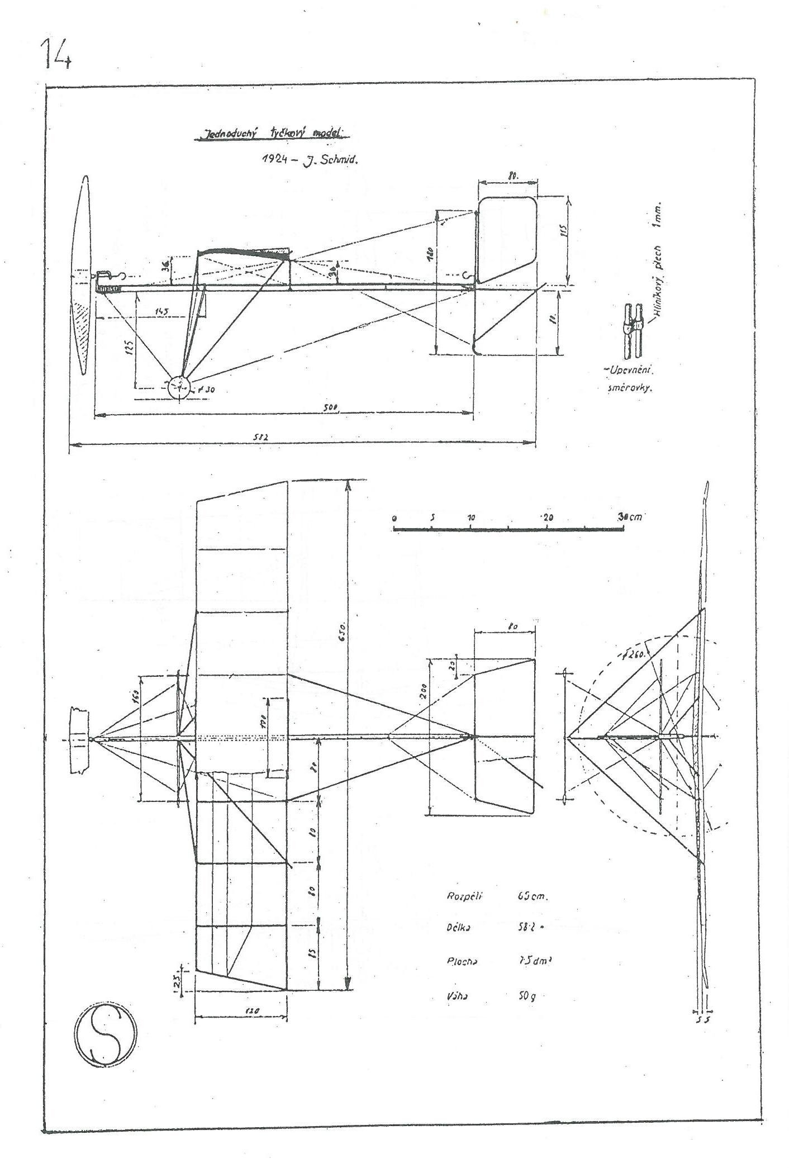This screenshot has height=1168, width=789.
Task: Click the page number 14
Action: click(55, 53)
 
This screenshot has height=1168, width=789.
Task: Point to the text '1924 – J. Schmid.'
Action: click(309, 159)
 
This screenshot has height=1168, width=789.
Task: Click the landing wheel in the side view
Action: click(179, 386)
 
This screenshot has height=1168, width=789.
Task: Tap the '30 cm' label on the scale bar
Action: click(630, 517)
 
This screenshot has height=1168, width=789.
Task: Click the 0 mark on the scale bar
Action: click(394, 518)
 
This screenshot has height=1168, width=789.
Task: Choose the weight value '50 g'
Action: click(527, 996)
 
